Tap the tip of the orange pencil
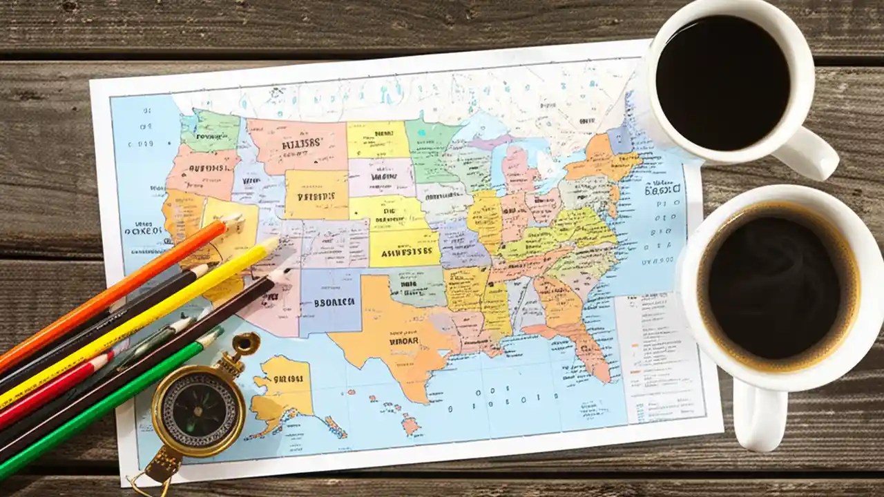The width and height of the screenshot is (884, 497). [235, 219]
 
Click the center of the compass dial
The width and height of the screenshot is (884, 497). [199, 411]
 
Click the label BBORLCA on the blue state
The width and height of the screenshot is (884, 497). [334, 302]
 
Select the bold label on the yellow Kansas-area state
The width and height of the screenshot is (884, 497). [405, 252]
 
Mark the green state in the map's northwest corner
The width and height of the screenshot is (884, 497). [211, 132]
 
